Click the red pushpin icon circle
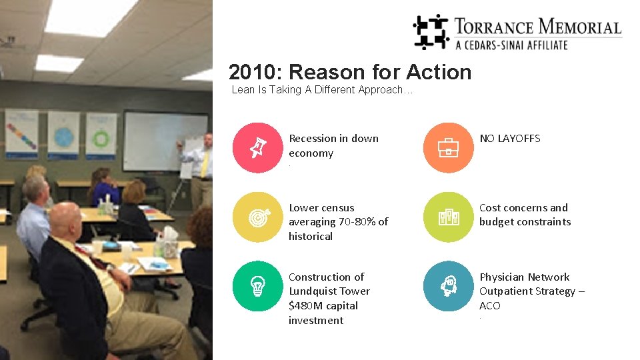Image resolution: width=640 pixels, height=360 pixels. tap(258, 148)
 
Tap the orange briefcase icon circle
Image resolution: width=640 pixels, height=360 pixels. tap(448, 148)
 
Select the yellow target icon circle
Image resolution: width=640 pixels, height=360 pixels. tap(258, 217)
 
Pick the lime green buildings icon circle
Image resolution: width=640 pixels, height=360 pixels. tap(448, 217)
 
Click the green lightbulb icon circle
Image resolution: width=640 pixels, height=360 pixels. tap(258, 286)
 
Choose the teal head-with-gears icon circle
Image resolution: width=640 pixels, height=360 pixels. tap(448, 286)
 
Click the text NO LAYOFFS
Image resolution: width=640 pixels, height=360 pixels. tap(510, 139)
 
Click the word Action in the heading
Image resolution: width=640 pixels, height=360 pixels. tap(438, 72)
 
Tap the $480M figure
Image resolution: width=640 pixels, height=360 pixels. tap(304, 306)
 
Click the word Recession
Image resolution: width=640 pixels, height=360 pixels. tap(313, 139)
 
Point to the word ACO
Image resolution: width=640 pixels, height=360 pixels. tap(489, 306)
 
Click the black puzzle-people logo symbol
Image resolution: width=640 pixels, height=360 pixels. tap(431, 31)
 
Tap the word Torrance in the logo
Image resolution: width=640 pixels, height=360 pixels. tap(493, 27)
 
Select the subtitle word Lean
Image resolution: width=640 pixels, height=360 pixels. tap(243, 90)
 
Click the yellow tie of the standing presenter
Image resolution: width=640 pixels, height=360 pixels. tap(205, 163)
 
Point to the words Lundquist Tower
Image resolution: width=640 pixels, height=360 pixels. tap(329, 291)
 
